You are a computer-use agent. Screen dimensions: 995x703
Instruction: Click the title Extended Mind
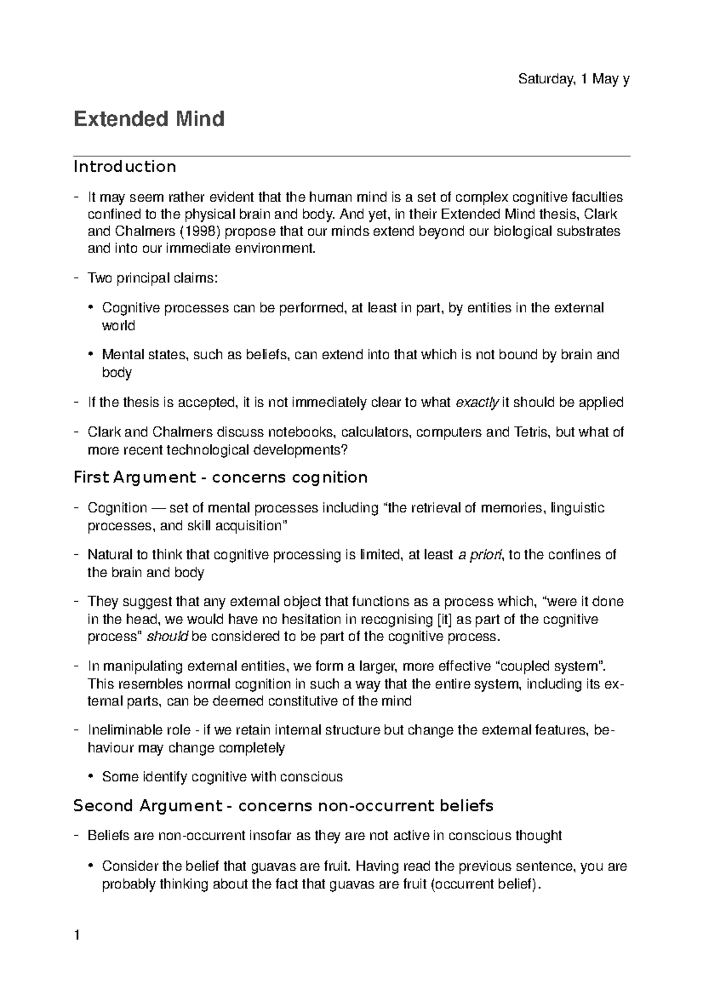pyautogui.click(x=149, y=119)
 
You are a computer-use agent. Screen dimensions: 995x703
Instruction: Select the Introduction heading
pyautogui.click(x=124, y=167)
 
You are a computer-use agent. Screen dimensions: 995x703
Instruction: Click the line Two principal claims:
pyautogui.click(x=152, y=278)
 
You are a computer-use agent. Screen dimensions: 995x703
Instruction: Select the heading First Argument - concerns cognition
pyautogui.click(x=220, y=478)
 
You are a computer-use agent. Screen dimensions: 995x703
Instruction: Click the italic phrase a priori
pyautogui.click(x=479, y=555)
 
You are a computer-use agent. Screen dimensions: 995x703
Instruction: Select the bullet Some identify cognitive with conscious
pyautogui.click(x=221, y=778)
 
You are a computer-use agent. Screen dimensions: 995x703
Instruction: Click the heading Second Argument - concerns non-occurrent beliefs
pyautogui.click(x=283, y=806)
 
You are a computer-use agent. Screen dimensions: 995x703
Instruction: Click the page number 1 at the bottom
pyautogui.click(x=76, y=936)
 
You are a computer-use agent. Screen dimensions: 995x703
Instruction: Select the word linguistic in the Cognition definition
pyautogui.click(x=578, y=507)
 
